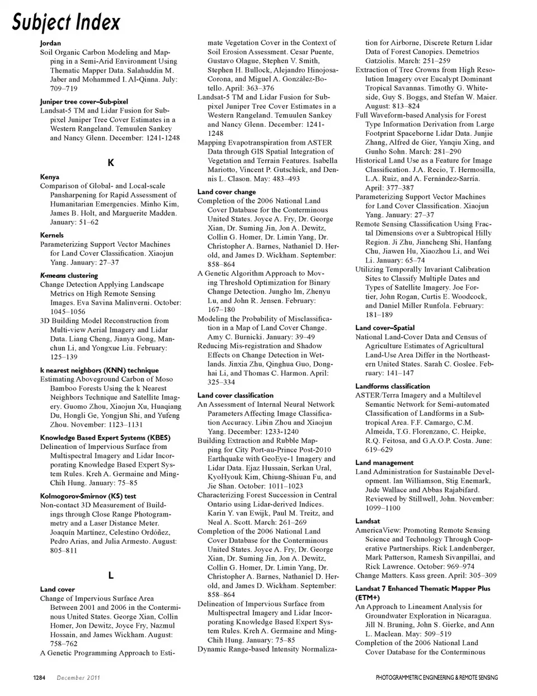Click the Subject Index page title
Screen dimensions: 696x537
coord(67,22)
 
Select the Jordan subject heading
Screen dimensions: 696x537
coord(50,43)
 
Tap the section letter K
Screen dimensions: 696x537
coord(111,163)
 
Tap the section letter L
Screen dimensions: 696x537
coord(111,575)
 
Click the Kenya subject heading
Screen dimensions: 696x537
coord(50,177)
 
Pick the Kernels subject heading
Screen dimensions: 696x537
coord(52,235)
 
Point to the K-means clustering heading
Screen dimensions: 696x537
coord(69,276)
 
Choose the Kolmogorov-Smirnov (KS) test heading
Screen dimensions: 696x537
coord(88,496)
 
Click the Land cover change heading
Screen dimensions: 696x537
coord(227,192)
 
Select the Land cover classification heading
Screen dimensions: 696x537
coord(235,395)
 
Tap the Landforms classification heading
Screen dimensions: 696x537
coord(393,386)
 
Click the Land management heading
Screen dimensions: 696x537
coord(384,463)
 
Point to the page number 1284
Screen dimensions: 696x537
coord(39,678)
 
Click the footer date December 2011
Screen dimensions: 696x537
coord(78,678)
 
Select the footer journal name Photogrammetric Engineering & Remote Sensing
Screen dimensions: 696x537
coord(436,678)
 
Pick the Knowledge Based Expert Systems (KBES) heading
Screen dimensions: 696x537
coord(105,438)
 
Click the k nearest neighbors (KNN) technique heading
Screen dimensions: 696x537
coord(99,370)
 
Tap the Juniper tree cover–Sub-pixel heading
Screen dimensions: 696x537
coord(84,102)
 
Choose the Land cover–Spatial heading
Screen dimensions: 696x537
coord(385,328)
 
